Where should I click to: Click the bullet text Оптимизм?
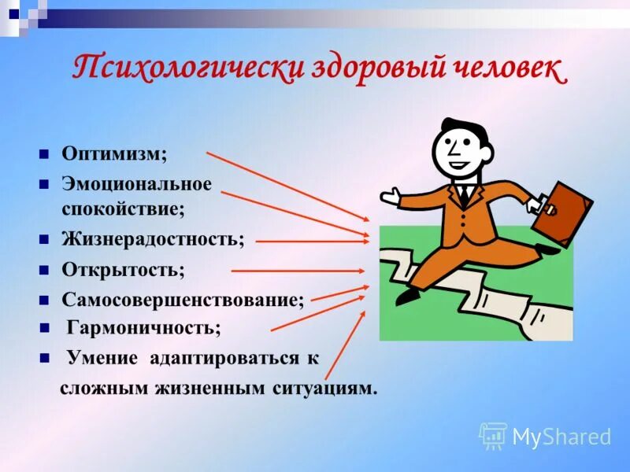114,153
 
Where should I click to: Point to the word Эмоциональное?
137,184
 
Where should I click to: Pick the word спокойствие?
122,210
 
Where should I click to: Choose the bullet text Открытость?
123,270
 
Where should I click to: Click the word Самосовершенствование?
183,300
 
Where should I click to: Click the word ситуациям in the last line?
320,388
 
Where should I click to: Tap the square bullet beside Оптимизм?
45,153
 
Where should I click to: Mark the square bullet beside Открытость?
45,270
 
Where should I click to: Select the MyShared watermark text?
561,437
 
